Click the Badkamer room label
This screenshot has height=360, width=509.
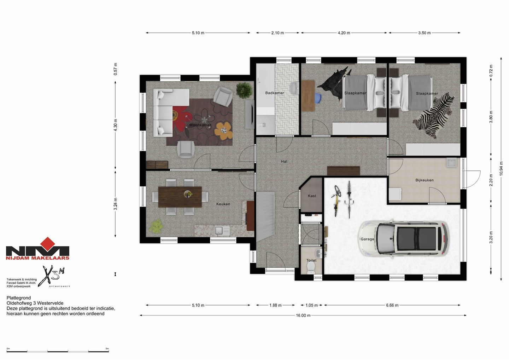(275, 93)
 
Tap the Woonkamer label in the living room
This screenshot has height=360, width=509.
(200, 125)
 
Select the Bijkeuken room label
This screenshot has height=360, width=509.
(425, 180)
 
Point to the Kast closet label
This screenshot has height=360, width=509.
(312, 196)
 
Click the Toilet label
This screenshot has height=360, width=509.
(311, 260)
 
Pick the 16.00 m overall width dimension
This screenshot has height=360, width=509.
(303, 315)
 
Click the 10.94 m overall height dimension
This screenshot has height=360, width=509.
(501, 169)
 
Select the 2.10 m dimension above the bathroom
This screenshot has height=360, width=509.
(277, 33)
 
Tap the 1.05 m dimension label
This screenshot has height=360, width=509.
(311, 305)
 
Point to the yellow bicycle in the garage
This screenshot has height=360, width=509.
(336, 201)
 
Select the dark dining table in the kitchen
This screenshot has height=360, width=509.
(180, 197)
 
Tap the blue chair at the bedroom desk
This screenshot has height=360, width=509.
(318, 98)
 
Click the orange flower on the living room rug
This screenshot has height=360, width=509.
(224, 130)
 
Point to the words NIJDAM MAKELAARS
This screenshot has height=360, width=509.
(37, 258)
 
